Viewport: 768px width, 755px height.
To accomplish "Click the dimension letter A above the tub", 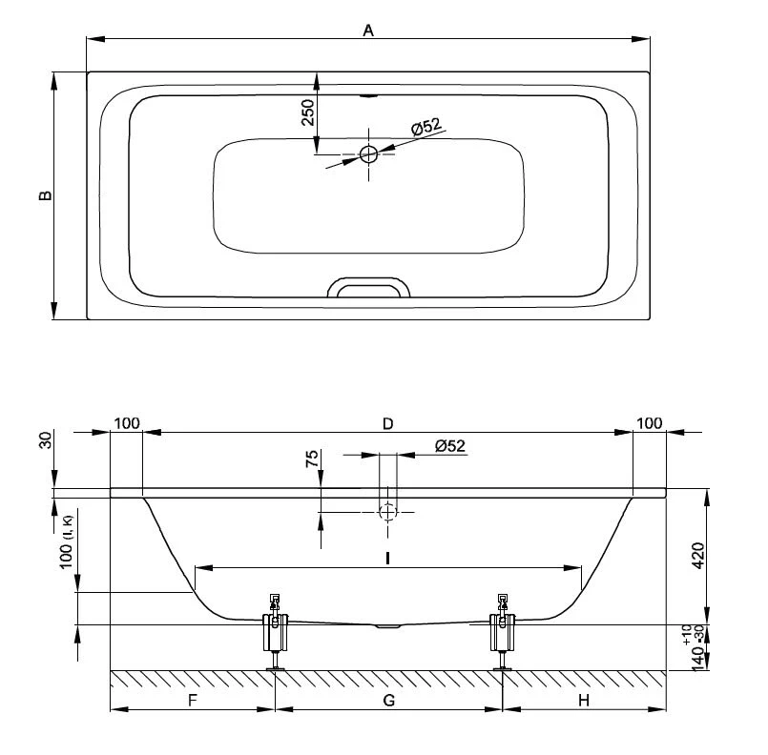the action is pyautogui.click(x=368, y=31).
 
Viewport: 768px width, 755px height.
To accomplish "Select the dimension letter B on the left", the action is pyautogui.click(x=45, y=195).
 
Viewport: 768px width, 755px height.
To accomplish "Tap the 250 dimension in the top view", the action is pyautogui.click(x=307, y=112).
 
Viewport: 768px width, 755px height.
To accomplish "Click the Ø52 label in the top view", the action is pyautogui.click(x=426, y=127).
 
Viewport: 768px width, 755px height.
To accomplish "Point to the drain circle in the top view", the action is pyautogui.click(x=368, y=154).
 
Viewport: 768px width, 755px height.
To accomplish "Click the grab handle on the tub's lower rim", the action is pyautogui.click(x=368, y=287).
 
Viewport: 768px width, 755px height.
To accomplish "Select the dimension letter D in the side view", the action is pyautogui.click(x=387, y=424).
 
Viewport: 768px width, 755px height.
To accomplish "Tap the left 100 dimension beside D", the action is pyautogui.click(x=127, y=423).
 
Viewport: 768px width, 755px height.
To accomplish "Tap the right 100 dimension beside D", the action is pyautogui.click(x=650, y=423).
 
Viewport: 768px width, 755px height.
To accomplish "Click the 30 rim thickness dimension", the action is pyautogui.click(x=45, y=439).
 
